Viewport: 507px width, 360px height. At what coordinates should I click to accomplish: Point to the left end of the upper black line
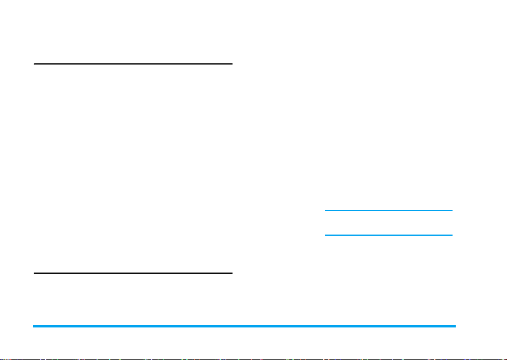tap(34, 63)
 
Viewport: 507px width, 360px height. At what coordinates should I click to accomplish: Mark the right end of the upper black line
tap(231, 63)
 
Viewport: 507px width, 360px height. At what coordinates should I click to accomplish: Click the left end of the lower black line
tap(34, 273)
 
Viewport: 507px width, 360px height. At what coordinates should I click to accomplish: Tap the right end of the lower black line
tap(231, 273)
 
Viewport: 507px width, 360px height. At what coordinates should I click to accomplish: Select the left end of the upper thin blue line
tap(325, 210)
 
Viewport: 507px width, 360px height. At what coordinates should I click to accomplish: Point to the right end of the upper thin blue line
tap(452, 210)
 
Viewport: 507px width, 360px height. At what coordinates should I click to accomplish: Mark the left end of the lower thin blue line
tap(325, 235)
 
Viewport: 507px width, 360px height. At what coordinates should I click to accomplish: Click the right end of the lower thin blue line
tap(452, 235)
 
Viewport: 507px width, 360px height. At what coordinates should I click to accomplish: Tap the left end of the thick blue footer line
tap(34, 326)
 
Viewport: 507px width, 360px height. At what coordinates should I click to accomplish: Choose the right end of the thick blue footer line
tap(455, 326)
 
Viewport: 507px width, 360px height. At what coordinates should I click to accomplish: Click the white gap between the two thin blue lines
tap(389, 223)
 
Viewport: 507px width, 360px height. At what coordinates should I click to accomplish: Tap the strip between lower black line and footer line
tap(133, 300)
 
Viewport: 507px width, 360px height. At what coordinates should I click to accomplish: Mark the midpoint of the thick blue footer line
tap(244, 326)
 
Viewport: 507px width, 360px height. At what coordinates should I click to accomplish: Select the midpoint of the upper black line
tap(133, 63)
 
